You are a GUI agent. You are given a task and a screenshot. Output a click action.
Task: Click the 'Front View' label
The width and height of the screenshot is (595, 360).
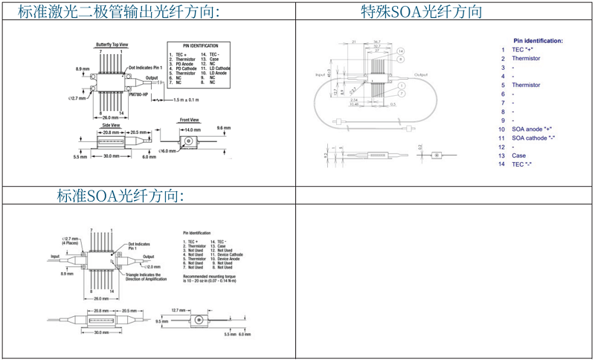(x=190, y=120)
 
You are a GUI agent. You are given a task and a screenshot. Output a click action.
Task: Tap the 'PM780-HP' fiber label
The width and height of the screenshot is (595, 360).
(x=139, y=94)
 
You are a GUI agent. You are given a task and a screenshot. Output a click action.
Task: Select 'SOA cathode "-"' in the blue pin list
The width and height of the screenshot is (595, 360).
(x=533, y=138)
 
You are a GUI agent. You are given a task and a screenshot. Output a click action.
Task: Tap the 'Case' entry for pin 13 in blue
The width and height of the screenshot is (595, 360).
(x=518, y=155)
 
